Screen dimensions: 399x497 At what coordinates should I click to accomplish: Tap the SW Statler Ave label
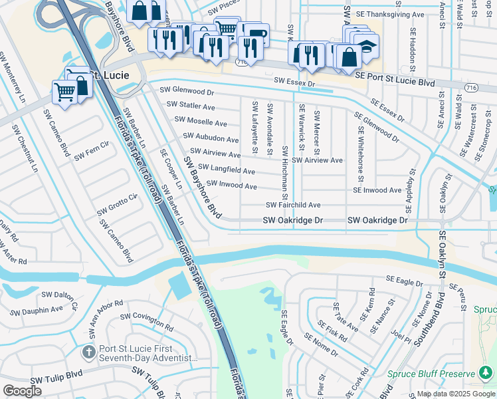click(x=191, y=106)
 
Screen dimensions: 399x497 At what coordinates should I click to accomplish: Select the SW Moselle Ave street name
click(x=200, y=122)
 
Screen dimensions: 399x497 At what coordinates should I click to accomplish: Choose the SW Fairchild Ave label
click(x=293, y=205)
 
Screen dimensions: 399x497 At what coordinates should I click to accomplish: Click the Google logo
click(x=23, y=390)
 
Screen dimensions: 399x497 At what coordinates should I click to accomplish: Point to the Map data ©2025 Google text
click(x=455, y=394)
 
